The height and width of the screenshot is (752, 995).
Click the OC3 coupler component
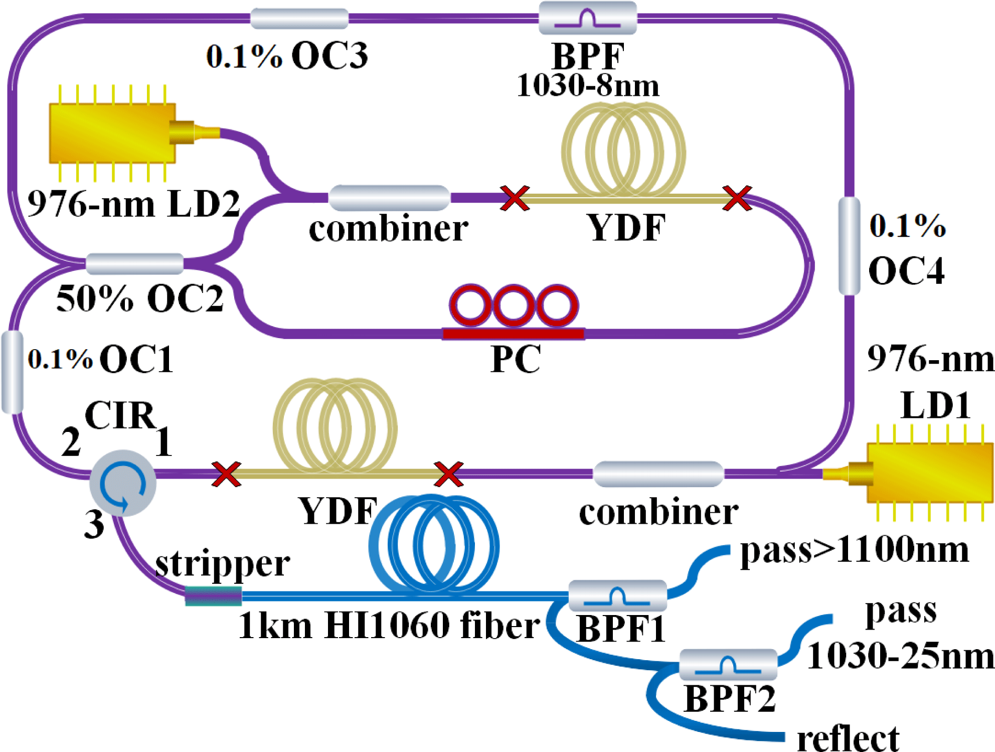pyautogui.click(x=299, y=19)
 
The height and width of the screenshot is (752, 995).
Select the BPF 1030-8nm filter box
pyautogui.click(x=587, y=18)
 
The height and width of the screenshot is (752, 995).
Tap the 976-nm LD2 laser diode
pyautogui.click(x=113, y=133)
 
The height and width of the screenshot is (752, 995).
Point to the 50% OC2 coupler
pyautogui.click(x=134, y=263)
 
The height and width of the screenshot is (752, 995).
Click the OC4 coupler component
pyautogui.click(x=849, y=246)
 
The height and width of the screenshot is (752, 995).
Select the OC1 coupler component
pyautogui.click(x=13, y=372)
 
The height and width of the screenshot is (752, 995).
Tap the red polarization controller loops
pyautogui.click(x=514, y=307)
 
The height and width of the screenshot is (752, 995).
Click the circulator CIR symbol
pyautogui.click(x=123, y=483)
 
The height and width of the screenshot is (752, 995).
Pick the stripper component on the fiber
pyautogui.click(x=213, y=595)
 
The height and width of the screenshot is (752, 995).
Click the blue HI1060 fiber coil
pyautogui.click(x=434, y=544)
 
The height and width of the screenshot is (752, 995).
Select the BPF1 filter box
pyautogui.click(x=617, y=595)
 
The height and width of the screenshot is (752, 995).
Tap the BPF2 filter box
pyautogui.click(x=728, y=665)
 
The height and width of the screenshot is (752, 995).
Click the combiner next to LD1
pyautogui.click(x=658, y=474)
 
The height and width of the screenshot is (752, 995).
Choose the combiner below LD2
pyautogui.click(x=389, y=198)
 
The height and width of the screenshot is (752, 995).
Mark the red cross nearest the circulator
pyautogui.click(x=226, y=474)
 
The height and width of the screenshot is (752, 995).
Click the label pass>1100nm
pyautogui.click(x=854, y=550)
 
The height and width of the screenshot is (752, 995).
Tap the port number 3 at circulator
pyautogui.click(x=94, y=525)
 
